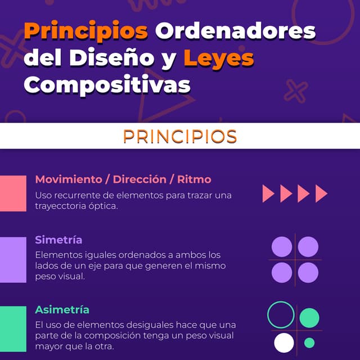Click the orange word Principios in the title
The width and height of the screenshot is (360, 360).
coord(86,31)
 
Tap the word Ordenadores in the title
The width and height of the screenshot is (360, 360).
coord(235,31)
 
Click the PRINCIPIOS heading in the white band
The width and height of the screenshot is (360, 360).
coord(180,136)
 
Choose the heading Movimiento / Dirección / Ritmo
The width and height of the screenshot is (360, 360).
coord(123,179)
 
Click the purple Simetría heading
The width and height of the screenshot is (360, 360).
coord(58,240)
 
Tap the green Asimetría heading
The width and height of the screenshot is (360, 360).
coord(62,309)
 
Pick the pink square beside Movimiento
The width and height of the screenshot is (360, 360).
coord(13,193)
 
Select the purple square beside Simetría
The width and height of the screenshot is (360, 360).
coord(13,259)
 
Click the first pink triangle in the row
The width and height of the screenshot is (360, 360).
coord(268,193)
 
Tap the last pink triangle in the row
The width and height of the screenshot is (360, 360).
coord(321,193)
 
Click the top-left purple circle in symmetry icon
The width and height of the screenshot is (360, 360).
coord(282,246)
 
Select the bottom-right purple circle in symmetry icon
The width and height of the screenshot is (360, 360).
coord(308,273)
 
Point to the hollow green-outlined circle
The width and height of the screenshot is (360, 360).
coord(281,315)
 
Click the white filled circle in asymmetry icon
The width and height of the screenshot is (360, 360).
coord(284,343)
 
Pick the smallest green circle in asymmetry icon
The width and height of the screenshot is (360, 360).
coord(309,343)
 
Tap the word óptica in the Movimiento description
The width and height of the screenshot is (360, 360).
coord(103,206)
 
